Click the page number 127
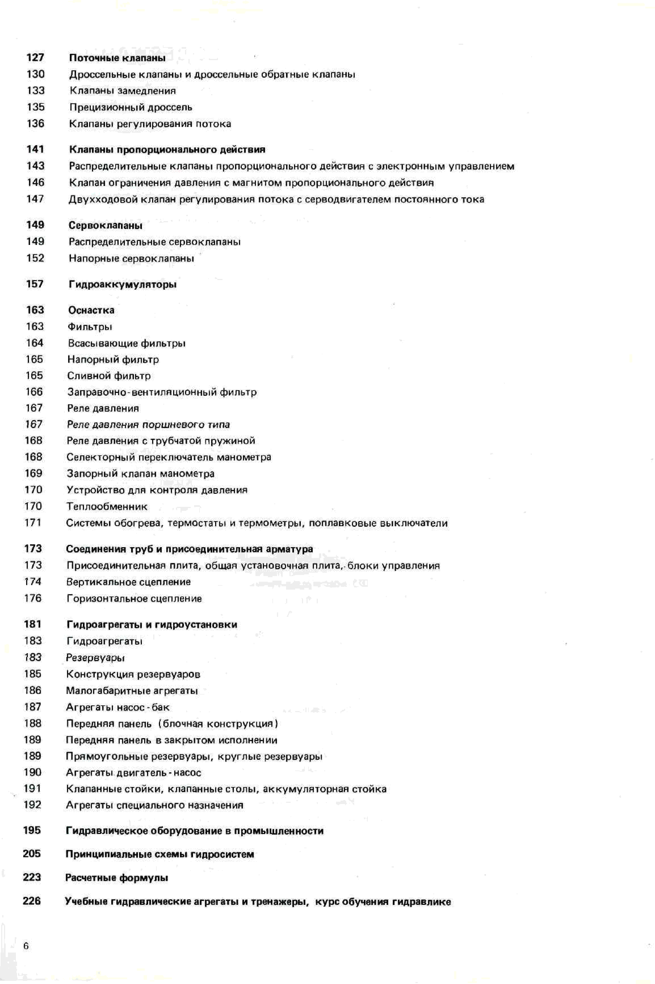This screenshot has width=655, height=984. coord(35,57)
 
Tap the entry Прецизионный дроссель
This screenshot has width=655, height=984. coord(131,107)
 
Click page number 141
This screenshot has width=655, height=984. coord(35,149)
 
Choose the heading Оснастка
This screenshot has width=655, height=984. coord(91,310)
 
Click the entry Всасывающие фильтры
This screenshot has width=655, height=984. coord(127,343)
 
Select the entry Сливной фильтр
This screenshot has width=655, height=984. coord(109,376)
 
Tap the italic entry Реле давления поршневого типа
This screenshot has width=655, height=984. coord(148,424)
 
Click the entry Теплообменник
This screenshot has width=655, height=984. coord(107,506)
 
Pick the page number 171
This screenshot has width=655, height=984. coord(33,522)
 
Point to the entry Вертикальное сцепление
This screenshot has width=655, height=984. coord(129,582)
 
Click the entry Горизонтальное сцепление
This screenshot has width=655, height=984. coord(134,598)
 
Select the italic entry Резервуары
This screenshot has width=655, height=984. coord(95,658)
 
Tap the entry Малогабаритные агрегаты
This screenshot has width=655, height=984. coord(132,691)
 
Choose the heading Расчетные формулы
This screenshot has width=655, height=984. coord(117,878)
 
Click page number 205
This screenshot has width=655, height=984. coord(32,854)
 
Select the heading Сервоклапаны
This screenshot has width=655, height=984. coord(105,225)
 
